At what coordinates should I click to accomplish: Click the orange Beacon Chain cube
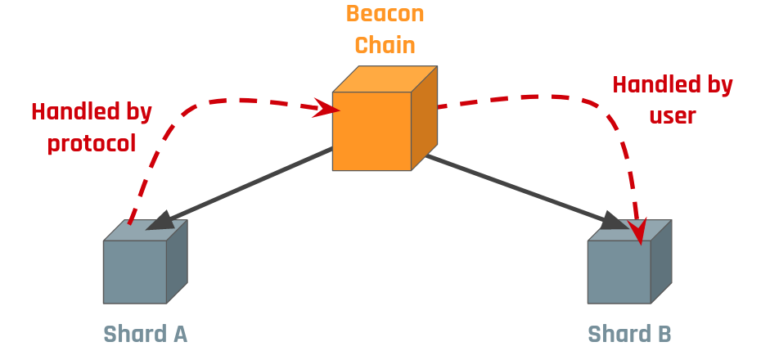(372, 131)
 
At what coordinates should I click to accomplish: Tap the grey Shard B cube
(619, 272)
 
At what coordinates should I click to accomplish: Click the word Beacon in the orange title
(385, 14)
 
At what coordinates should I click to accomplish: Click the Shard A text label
(146, 334)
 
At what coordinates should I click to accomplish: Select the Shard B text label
(630, 334)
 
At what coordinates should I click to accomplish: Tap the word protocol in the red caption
(92, 142)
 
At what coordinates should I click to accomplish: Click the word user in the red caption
(673, 115)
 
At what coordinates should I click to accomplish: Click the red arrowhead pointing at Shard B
(638, 231)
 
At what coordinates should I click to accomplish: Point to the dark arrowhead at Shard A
(158, 220)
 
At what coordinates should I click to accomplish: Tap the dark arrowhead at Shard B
(616, 222)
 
